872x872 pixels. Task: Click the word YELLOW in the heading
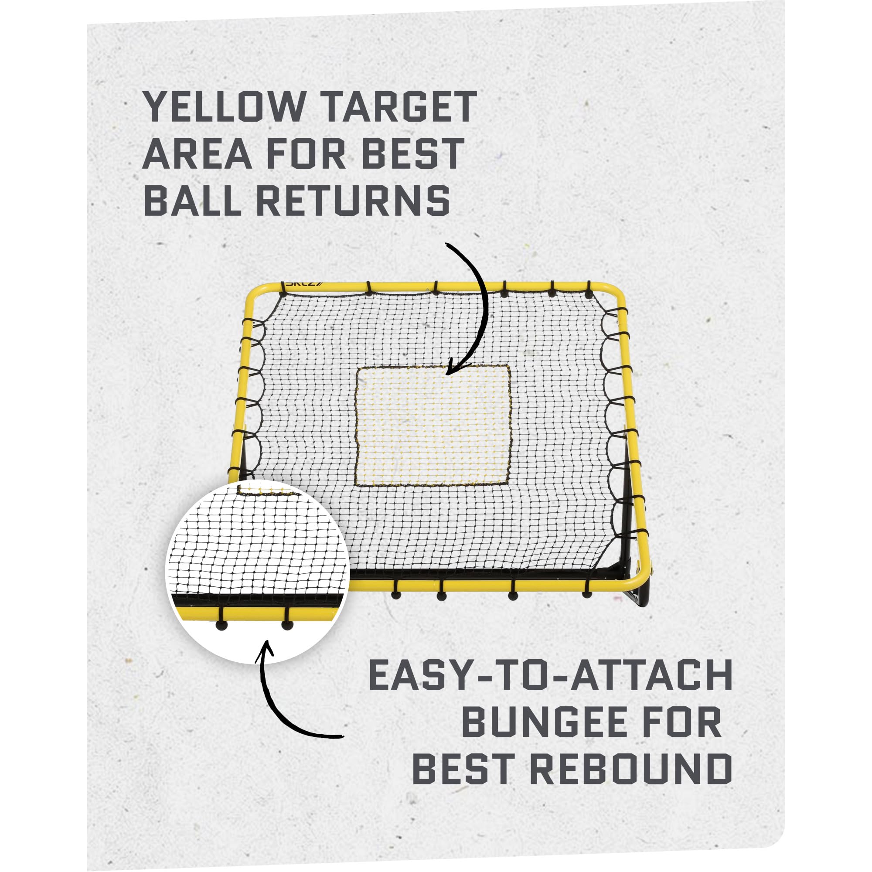coord(224,106)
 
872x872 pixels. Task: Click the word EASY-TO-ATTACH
coord(550,688)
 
